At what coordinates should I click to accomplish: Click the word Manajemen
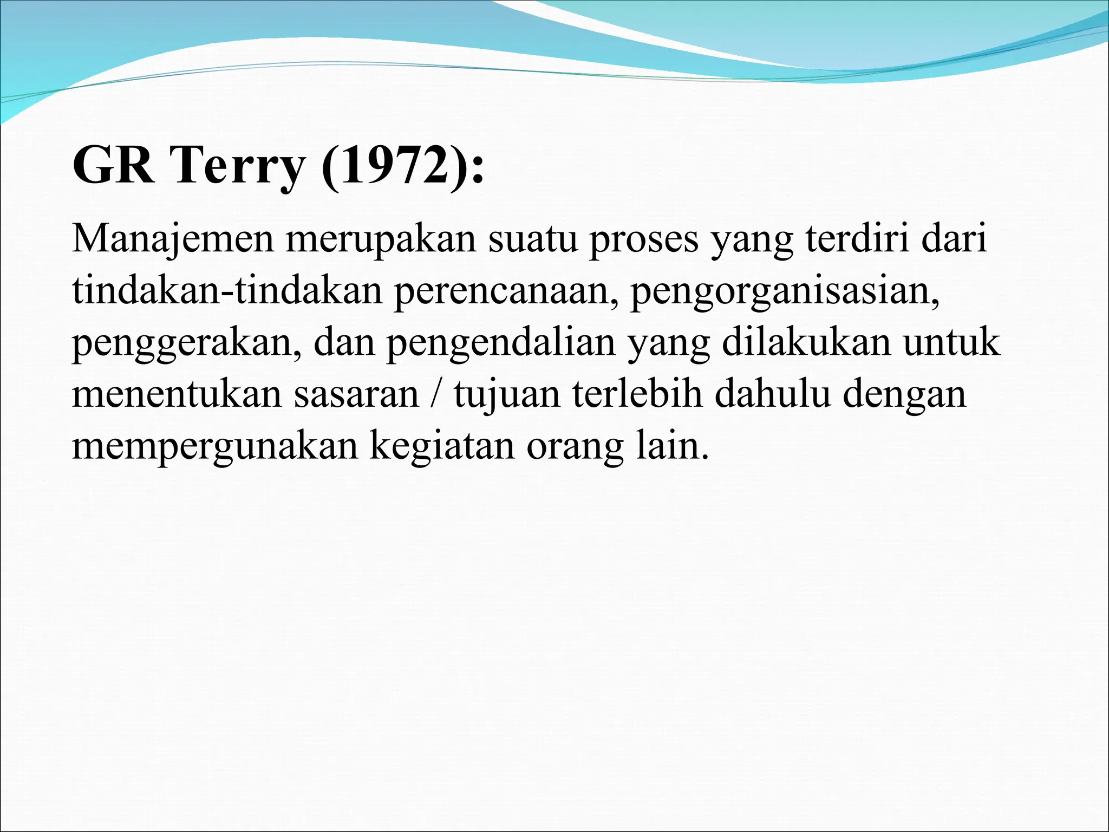(173, 239)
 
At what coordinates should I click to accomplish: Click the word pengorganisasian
(784, 291)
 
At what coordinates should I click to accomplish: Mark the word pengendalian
(501, 343)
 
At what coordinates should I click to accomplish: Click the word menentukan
(177, 394)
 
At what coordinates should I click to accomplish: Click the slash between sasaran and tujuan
(436, 394)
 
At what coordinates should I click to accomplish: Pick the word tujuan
(507, 394)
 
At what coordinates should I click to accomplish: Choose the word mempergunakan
(214, 446)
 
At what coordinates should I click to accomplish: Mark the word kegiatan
(441, 446)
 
